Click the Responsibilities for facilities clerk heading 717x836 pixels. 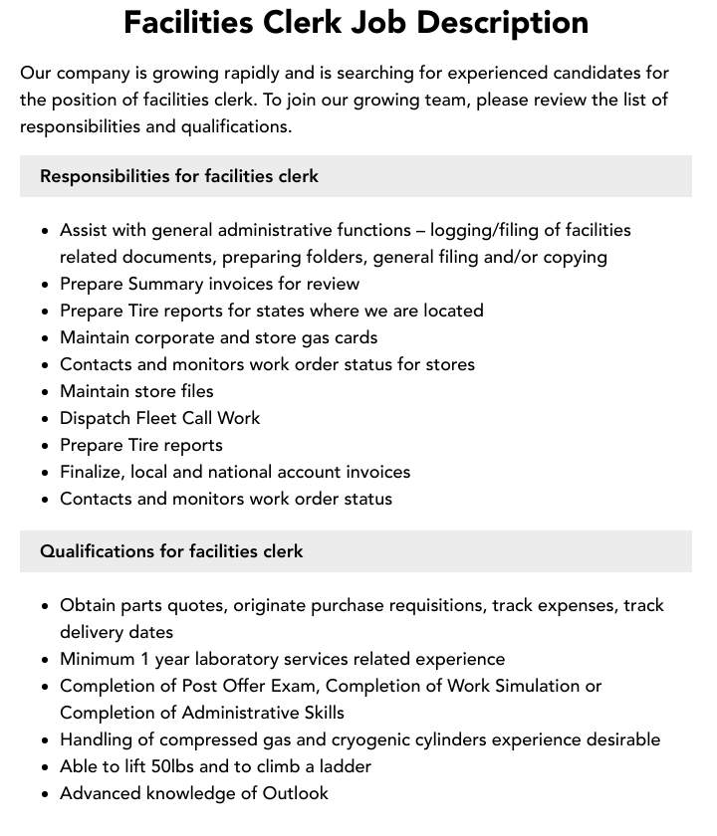179,176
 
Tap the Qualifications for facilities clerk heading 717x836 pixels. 171,551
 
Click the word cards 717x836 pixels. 355,337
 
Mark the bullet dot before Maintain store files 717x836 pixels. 45,392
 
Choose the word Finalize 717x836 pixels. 95,472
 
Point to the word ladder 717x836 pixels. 345,766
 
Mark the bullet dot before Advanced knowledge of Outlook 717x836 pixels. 45,794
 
